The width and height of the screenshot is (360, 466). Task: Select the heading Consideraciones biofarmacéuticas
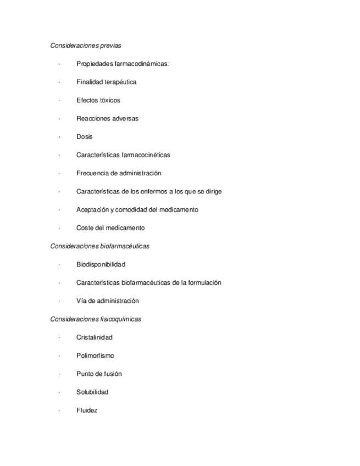tap(99, 246)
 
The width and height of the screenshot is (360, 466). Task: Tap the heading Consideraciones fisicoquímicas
tap(96, 319)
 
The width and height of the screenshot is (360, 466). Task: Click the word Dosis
tap(85, 137)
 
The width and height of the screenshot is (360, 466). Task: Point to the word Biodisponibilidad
tap(101, 264)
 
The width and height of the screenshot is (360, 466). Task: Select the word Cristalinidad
tap(95, 337)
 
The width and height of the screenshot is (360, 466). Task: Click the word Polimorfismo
tap(95, 356)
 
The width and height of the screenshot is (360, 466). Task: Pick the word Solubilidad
tap(92, 392)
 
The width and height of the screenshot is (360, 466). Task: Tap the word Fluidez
tap(87, 410)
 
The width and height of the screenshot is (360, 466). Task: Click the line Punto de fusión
tap(99, 374)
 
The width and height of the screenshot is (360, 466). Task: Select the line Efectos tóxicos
tap(98, 101)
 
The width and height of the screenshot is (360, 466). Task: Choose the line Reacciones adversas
tap(107, 119)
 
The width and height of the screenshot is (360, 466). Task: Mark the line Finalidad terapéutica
tap(107, 82)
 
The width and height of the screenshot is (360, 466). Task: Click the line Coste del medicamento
tap(110, 228)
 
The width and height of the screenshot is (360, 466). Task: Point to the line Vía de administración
tap(108, 301)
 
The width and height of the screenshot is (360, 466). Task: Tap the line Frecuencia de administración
tap(119, 173)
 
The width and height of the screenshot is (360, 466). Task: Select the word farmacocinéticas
tap(145, 155)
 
